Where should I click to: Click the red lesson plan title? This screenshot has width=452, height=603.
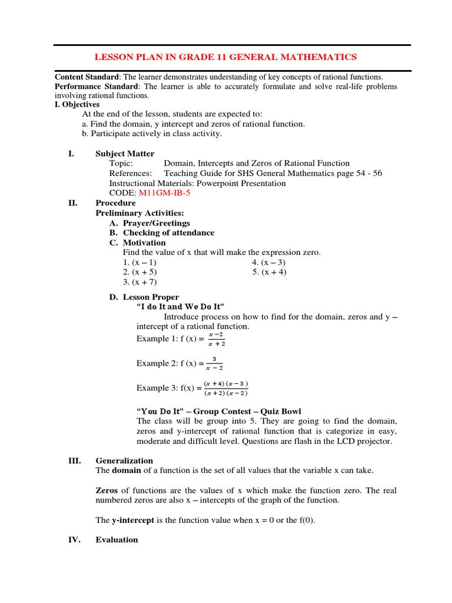click(x=226, y=57)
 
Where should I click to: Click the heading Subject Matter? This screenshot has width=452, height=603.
click(x=125, y=154)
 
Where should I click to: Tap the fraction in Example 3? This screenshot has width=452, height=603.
click(x=226, y=388)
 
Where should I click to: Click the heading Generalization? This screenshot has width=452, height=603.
click(x=124, y=460)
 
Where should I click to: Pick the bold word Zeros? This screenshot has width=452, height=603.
click(x=107, y=491)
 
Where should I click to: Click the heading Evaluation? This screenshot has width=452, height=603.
click(x=117, y=539)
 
